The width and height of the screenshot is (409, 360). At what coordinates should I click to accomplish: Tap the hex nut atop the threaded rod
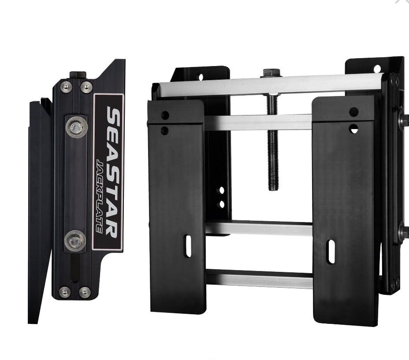pyautogui.click(x=271, y=72)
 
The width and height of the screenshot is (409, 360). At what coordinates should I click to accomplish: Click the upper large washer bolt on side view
pyautogui.click(x=76, y=127)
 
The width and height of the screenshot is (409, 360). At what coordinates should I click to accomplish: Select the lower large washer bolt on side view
pyautogui.click(x=75, y=241)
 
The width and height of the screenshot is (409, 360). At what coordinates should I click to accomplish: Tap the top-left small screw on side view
pyautogui.click(x=66, y=87)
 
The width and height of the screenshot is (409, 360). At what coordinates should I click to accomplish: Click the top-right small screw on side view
pyautogui.click(x=86, y=87)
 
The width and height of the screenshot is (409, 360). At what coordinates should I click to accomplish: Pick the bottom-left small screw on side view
pyautogui.click(x=64, y=292)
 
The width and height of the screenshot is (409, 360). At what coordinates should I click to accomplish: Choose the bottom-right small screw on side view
pyautogui.click(x=85, y=293)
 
